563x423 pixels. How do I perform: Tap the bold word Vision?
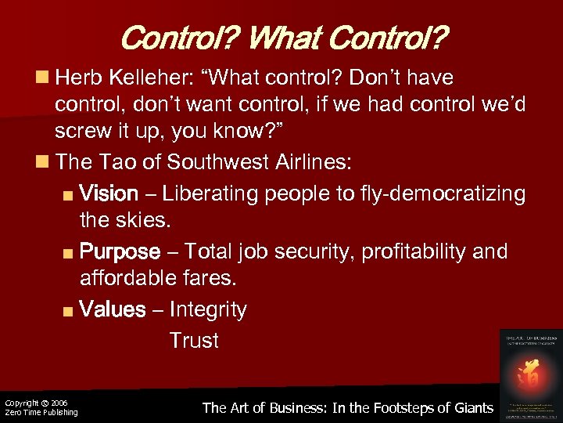[x=109, y=193]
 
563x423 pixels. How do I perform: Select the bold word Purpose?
[x=120, y=251]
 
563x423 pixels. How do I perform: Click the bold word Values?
[x=113, y=310]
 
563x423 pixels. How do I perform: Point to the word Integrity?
[x=208, y=310]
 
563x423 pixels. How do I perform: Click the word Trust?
[x=194, y=341]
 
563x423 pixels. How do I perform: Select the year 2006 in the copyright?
[x=59, y=403]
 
